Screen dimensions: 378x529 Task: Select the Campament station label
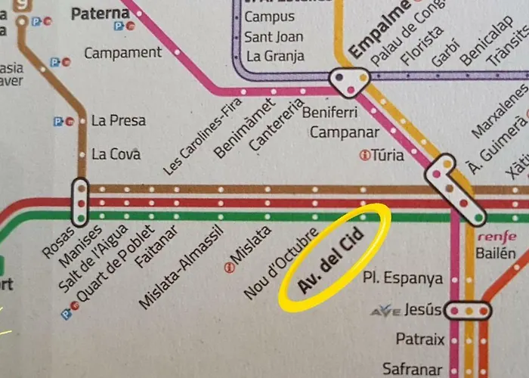pyautogui.click(x=122, y=53)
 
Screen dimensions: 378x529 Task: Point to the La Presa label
pyautogui.click(x=118, y=120)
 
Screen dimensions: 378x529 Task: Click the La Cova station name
pyautogui.click(x=116, y=154)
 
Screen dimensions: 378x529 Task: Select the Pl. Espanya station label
pyautogui.click(x=403, y=278)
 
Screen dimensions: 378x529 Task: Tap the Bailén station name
pyautogui.click(x=497, y=253)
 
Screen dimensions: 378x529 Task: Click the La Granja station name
pyautogui.click(x=275, y=55)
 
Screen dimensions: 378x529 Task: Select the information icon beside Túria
pyautogui.click(x=364, y=156)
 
